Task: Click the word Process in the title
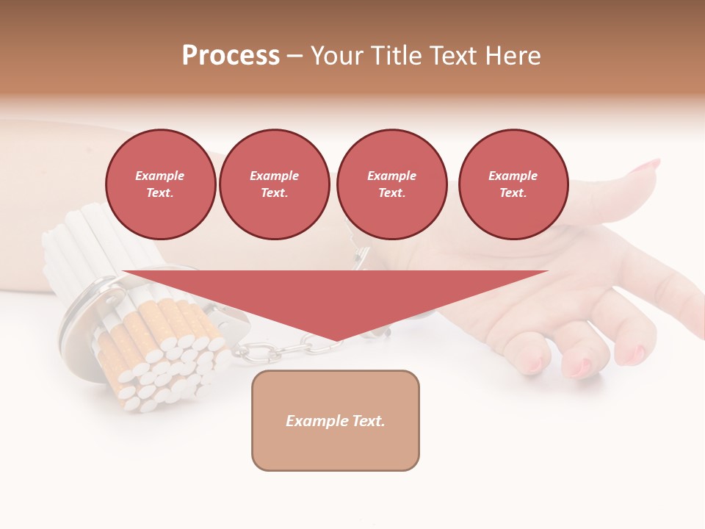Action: tap(231, 56)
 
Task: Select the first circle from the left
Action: tap(160, 184)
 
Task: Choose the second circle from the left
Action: tap(274, 184)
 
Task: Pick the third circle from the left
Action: tap(391, 184)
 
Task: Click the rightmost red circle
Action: tap(513, 184)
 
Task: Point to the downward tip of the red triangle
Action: tap(335, 339)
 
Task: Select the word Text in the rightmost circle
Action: tap(513, 193)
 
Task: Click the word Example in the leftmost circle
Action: tap(160, 176)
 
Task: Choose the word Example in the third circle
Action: tap(391, 176)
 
